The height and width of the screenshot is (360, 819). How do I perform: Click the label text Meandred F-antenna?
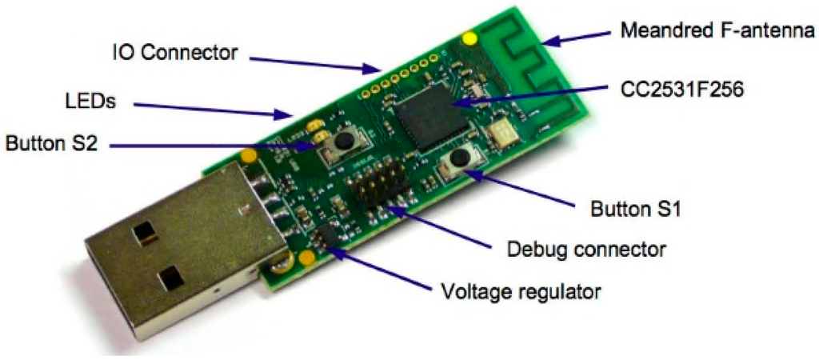tap(717, 33)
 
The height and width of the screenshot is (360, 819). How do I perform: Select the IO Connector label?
tap(174, 54)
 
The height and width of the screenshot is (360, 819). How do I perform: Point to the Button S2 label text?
tap(50, 145)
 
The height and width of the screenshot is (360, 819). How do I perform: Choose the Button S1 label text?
tap(634, 212)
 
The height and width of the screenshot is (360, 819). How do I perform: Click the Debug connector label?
tap(587, 248)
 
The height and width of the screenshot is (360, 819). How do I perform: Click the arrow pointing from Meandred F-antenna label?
tap(585, 37)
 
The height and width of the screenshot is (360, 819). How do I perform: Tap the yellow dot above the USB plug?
tap(249, 154)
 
